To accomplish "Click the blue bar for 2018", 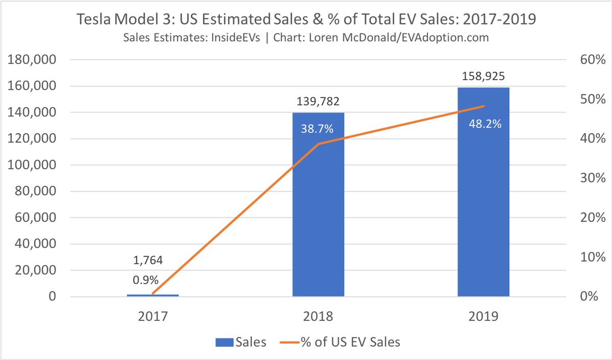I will pos(318,214).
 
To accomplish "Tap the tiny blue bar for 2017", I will pos(152,295).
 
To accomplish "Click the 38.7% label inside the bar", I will pos(318,129).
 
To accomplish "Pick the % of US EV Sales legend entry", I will pos(340,342).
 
